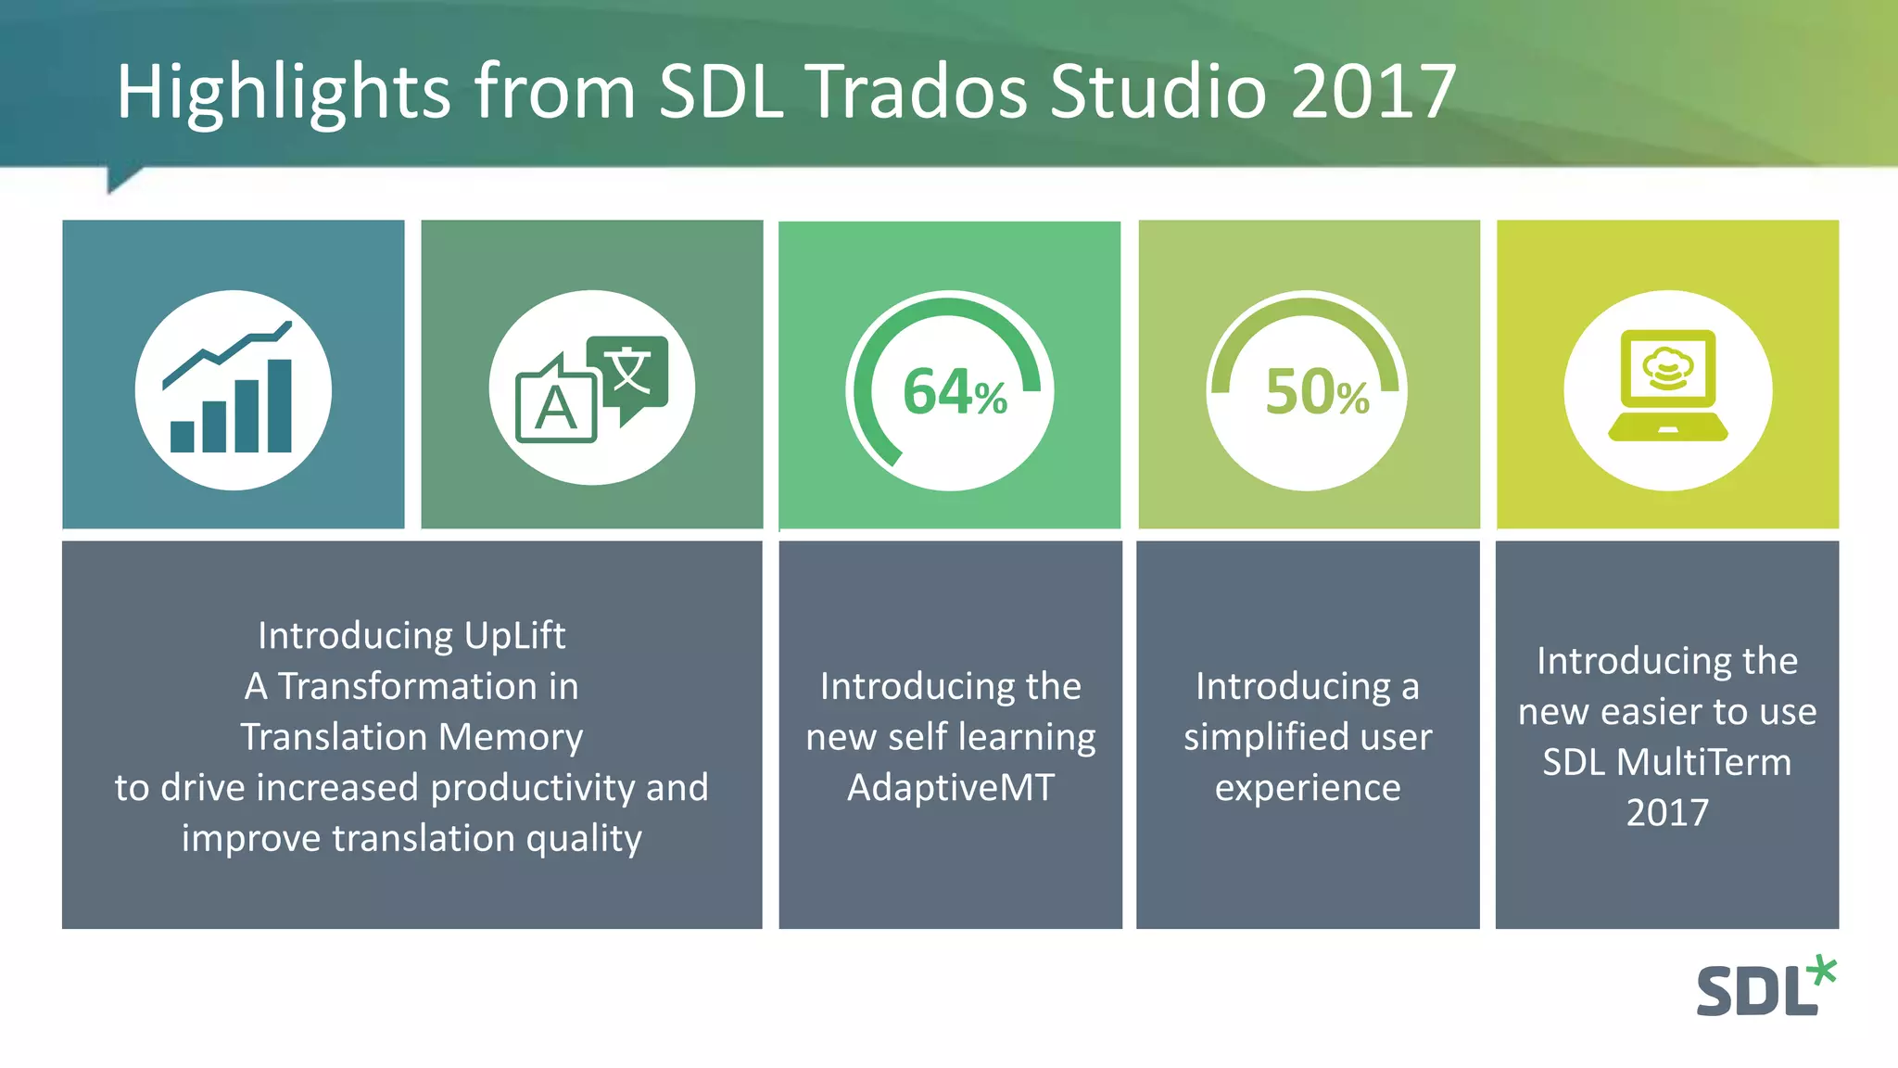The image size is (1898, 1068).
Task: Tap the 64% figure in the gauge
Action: pos(954,392)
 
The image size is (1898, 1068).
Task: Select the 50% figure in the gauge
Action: pos(1316,392)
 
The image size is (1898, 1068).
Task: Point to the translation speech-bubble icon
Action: pos(592,388)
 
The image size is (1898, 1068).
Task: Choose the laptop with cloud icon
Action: pos(1668,387)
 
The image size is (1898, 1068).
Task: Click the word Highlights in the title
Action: pos(284,93)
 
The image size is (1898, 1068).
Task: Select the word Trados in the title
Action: pos(918,92)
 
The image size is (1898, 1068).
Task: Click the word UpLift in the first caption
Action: pos(514,636)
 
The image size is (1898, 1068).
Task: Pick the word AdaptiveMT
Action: pos(950,788)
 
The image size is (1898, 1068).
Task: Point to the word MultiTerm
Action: pos(1703,762)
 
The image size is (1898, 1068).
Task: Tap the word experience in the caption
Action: pos(1308,788)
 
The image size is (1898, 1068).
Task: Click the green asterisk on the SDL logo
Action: pos(1822,971)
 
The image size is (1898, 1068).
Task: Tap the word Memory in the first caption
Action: pos(510,737)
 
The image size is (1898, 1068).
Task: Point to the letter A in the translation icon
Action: pos(555,409)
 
